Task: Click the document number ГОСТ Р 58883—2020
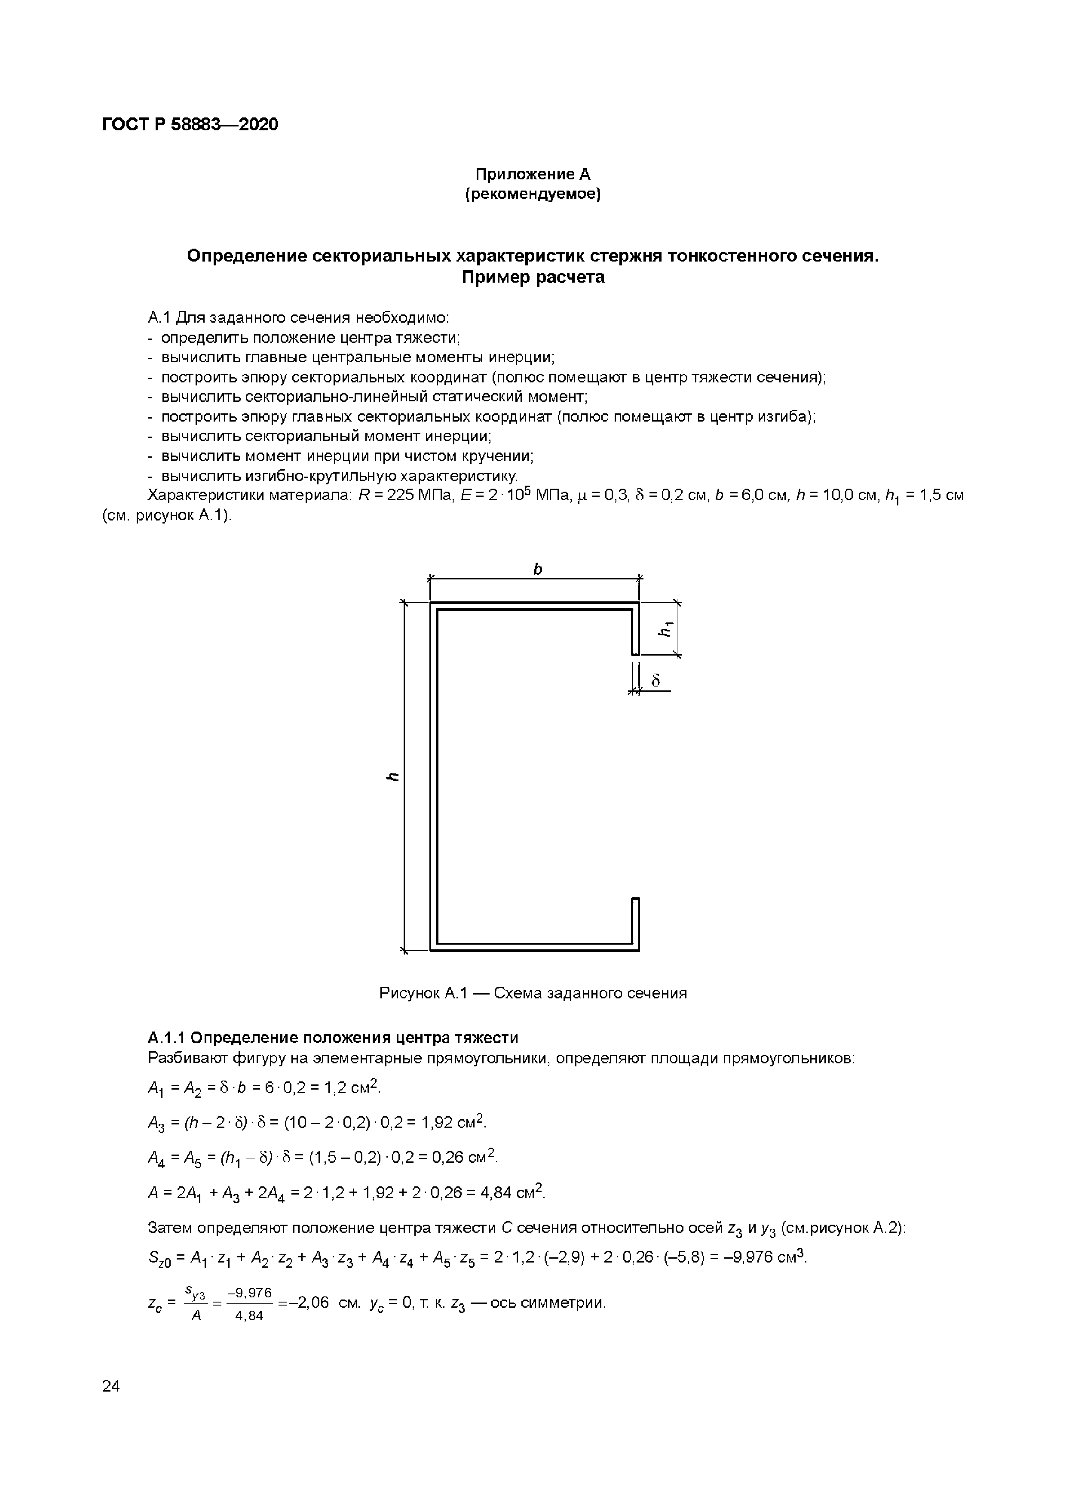pyautogui.click(x=190, y=124)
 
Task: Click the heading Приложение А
pyautogui.click(x=533, y=174)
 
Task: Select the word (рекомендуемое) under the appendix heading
pyautogui.click(x=533, y=194)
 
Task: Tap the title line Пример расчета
pyautogui.click(x=533, y=277)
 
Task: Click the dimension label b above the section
pyautogui.click(x=537, y=569)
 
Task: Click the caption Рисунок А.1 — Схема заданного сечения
pyautogui.click(x=533, y=993)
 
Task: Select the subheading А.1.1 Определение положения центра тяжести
pyautogui.click(x=333, y=1038)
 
